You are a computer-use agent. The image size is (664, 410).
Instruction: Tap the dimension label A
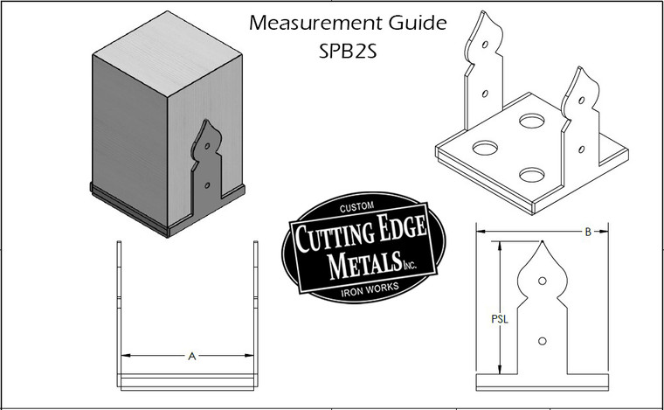click(x=190, y=356)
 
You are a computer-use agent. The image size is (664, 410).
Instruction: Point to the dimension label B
click(x=588, y=232)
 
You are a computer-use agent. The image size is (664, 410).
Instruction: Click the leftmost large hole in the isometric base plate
click(x=484, y=147)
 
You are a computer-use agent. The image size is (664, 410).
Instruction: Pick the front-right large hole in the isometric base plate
click(x=531, y=176)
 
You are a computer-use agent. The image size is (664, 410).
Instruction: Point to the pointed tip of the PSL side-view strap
click(x=543, y=244)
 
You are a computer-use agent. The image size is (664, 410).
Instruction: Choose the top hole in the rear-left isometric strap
click(x=484, y=45)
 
